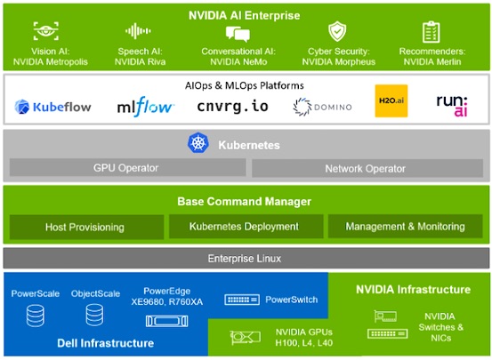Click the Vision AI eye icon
46,31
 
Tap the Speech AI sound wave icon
138,31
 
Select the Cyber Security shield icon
337,31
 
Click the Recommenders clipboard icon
432,32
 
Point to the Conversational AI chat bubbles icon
238,34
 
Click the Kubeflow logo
52,107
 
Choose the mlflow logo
145,107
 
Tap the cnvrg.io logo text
232,107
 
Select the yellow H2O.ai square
391,100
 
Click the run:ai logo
452,106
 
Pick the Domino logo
322,107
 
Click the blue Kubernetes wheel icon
198,143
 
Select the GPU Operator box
128,168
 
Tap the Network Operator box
367,168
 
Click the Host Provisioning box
86,227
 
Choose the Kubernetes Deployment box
246,227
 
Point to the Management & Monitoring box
406,227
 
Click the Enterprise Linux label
245,259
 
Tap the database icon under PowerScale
36,316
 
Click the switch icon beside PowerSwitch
242,300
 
